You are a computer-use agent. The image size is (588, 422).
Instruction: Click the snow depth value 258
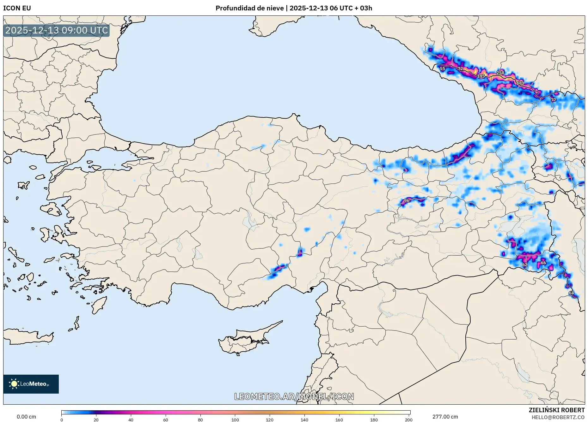[500, 73]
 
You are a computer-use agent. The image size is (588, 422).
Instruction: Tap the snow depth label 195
[481, 76]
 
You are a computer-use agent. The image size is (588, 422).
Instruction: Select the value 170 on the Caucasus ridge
[520, 83]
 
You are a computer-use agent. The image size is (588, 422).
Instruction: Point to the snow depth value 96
[407, 200]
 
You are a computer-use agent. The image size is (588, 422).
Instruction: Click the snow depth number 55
[443, 68]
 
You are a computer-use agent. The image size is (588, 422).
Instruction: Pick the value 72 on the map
[460, 68]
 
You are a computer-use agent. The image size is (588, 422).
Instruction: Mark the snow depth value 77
[553, 100]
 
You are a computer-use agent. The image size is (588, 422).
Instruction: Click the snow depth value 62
[525, 264]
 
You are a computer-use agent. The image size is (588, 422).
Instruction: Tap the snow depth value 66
[543, 263]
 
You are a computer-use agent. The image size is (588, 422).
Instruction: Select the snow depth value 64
[571, 293]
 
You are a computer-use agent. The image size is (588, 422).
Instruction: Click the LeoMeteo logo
[31, 384]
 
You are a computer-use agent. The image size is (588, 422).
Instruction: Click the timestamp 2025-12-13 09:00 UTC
[57, 30]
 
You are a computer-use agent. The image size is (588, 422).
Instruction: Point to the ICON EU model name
[17, 8]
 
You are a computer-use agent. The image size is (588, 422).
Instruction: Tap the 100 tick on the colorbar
[235, 419]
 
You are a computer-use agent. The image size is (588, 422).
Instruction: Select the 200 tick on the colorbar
[408, 419]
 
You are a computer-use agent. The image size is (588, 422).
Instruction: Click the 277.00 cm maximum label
[445, 417]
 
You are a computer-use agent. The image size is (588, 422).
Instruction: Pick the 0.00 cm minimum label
[26, 417]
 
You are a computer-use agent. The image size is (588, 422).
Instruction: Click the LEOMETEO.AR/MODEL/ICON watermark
[294, 396]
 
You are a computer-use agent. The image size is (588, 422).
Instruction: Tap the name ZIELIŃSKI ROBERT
[556, 410]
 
